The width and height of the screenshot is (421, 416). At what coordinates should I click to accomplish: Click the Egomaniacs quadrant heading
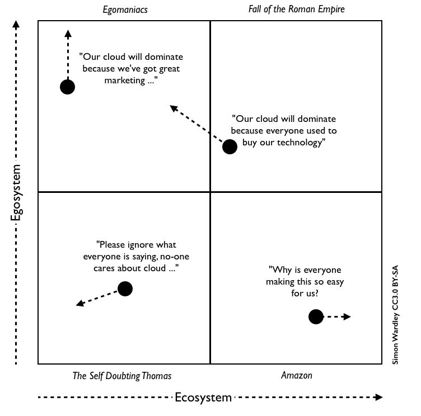[125, 10]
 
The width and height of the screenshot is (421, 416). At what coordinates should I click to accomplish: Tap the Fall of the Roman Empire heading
[296, 10]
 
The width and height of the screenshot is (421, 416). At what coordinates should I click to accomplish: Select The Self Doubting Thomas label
[122, 376]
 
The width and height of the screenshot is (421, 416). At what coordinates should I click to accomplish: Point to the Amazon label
[296, 376]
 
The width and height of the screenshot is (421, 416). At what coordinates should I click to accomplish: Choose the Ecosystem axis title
[203, 398]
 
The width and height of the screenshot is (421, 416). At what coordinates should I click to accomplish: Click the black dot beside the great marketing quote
[68, 87]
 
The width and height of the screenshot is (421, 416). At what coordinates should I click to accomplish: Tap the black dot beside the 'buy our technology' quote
[230, 146]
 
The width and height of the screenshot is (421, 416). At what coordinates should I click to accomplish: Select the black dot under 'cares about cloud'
[125, 289]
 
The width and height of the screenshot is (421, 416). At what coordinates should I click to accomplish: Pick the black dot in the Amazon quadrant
[316, 317]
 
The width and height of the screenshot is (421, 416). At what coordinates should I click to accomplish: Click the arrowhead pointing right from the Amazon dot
[347, 317]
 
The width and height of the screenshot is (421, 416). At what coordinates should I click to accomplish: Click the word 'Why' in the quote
[280, 269]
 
